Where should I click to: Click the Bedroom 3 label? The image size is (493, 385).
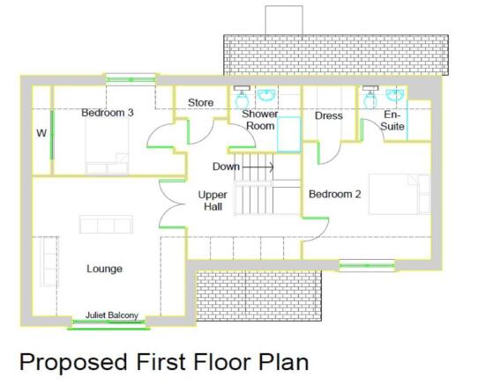coord(108,113)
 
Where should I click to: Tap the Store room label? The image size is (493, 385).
coord(201,102)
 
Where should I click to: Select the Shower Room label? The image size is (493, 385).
coord(260,120)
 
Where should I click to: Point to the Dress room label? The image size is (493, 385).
coord(328,115)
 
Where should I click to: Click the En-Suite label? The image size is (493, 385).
coord(392,121)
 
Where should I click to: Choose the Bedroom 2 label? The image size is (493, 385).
coord(334,194)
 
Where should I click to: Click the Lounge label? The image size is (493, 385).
coord(104,269)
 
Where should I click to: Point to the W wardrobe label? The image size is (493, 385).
coord(41,134)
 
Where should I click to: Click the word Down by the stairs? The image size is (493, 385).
coord(226,167)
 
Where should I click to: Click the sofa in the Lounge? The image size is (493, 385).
coord(105,224)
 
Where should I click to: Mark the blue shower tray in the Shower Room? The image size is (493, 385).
coord(290,133)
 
